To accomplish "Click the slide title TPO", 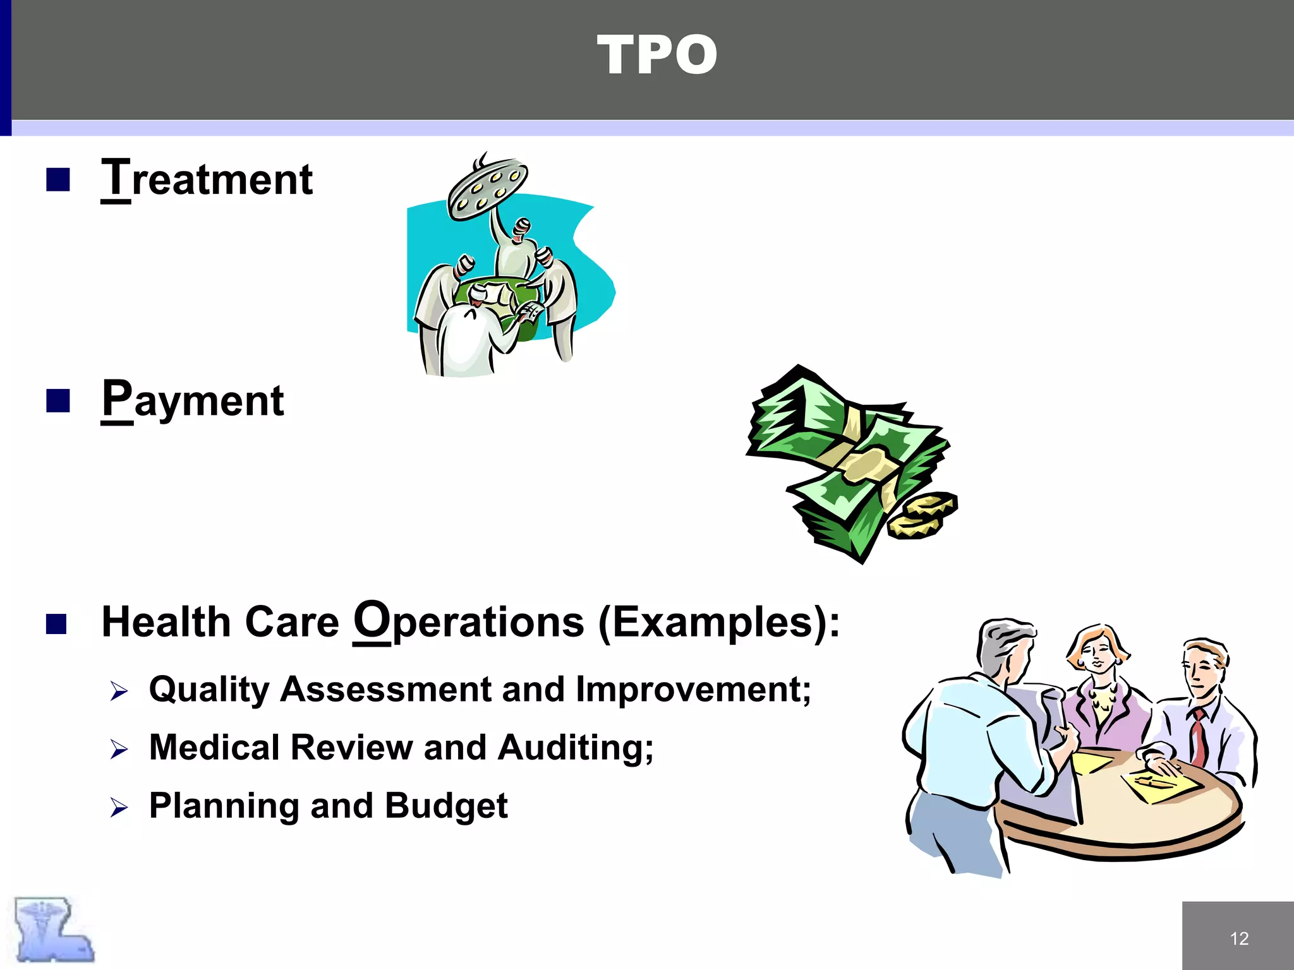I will [x=657, y=56].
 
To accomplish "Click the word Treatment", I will [x=207, y=179].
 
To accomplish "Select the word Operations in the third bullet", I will [x=469, y=621].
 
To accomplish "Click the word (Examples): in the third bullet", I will [x=719, y=623].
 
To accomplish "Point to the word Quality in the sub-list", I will [x=209, y=690].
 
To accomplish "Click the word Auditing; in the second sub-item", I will [x=576, y=748].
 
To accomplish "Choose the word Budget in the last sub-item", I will [x=446, y=806].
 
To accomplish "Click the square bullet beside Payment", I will [x=57, y=400].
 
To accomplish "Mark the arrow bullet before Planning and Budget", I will [x=119, y=808].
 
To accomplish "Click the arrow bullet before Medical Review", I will [x=119, y=750].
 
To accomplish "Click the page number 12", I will [x=1239, y=938].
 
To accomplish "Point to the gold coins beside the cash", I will [x=922, y=515].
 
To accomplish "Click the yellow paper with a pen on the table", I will [x=1160, y=786].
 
